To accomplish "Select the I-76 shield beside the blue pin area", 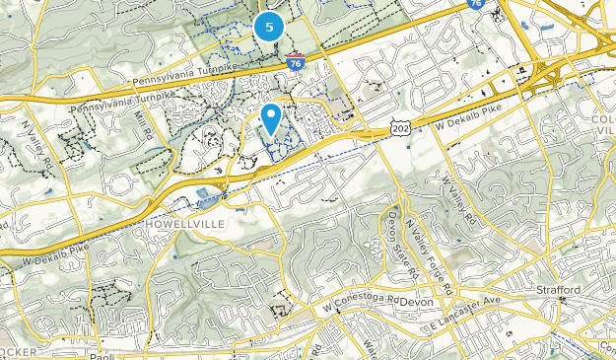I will [x=298, y=63].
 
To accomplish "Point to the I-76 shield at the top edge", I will [x=475, y=5].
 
